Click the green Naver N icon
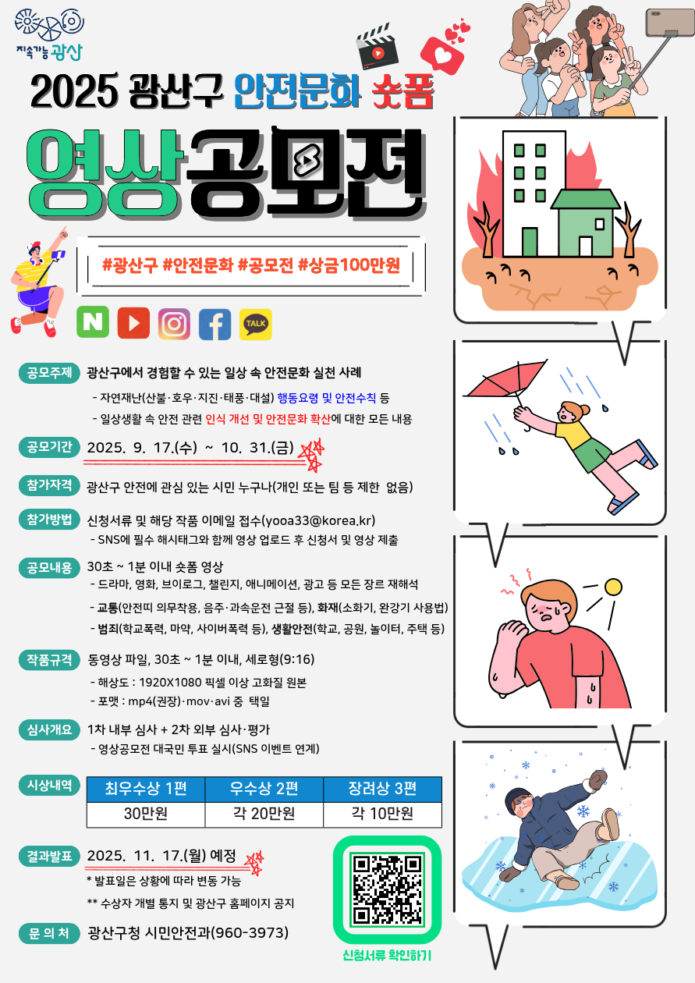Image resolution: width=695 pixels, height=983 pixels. tap(93, 323)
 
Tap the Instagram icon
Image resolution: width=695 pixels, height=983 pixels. tap(174, 324)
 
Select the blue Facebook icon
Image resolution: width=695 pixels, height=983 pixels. tap(215, 324)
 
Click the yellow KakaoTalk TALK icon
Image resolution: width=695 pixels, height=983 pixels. tap(256, 324)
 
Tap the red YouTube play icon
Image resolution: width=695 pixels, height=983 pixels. tap(133, 323)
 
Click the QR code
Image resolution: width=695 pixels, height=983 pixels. tap(387, 889)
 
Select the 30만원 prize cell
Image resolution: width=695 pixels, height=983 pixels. tap(146, 814)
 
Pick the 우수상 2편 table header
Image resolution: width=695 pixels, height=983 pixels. tap(264, 788)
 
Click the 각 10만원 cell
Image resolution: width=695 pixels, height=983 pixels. tap(382, 814)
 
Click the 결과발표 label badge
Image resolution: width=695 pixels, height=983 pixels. tap(49, 856)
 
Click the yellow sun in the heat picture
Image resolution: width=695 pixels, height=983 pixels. tap(614, 586)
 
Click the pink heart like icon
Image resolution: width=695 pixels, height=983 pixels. tap(445, 51)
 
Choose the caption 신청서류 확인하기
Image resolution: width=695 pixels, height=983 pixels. tap(387, 955)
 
